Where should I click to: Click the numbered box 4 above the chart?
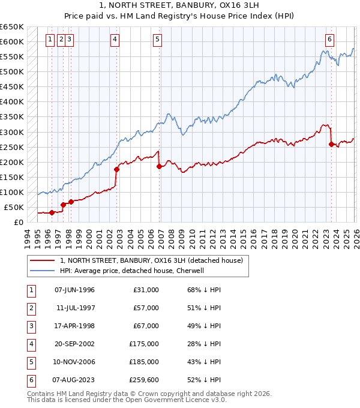[x=114, y=40]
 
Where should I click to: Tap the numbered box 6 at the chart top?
[x=330, y=40]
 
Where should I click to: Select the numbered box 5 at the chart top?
[x=157, y=40]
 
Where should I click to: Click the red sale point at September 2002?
[x=116, y=169]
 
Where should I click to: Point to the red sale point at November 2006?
[x=159, y=166]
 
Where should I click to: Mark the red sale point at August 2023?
[x=331, y=144]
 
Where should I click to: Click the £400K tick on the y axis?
[x=13, y=102]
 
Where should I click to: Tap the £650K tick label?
[x=13, y=27]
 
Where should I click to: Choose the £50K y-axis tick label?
[x=14, y=207]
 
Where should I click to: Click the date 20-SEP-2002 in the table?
[x=74, y=344]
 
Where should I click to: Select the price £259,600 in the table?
[x=144, y=379]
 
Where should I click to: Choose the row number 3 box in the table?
[x=30, y=326]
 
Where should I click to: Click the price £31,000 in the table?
[x=146, y=290]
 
